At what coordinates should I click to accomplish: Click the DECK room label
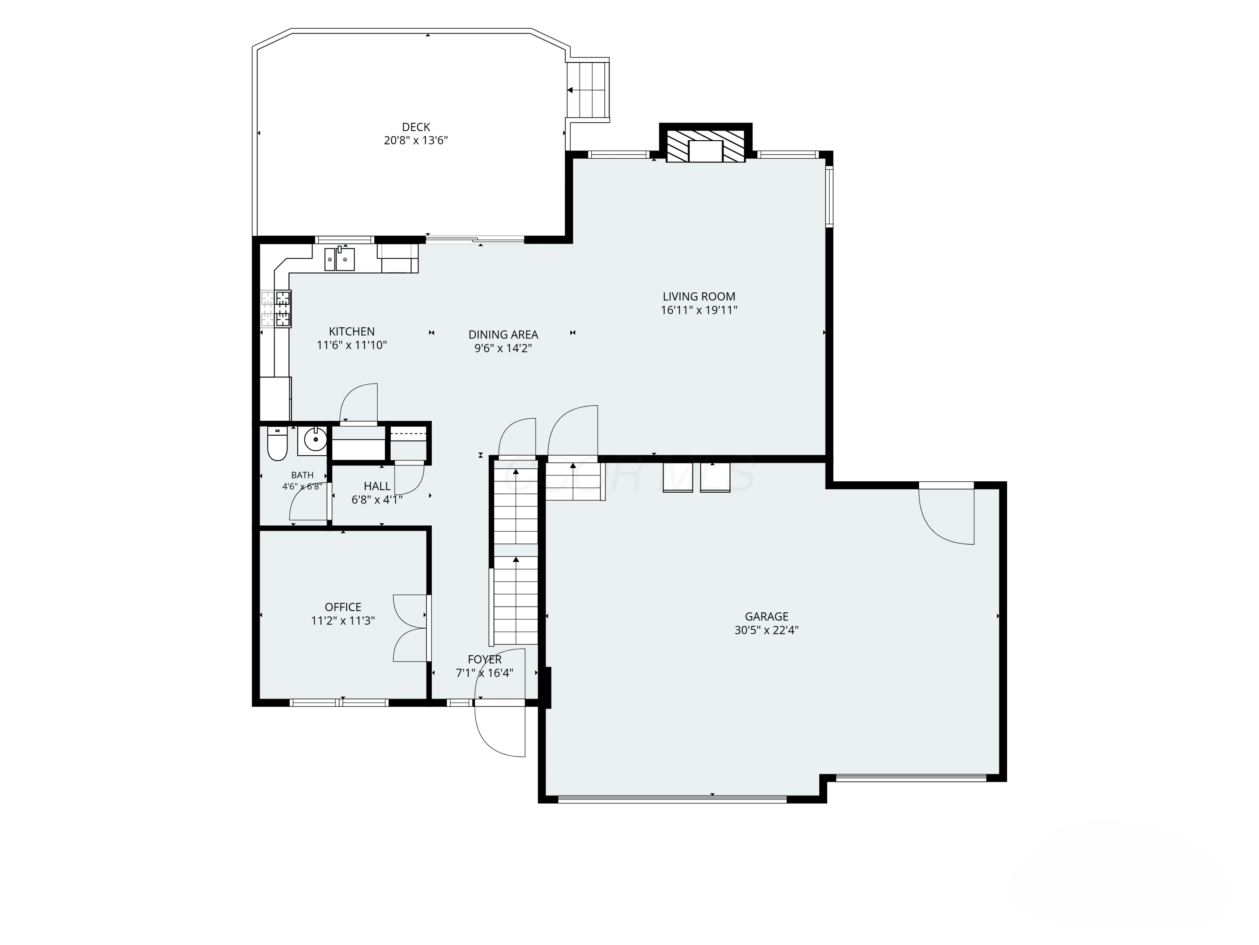[416, 127]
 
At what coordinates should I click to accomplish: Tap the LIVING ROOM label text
[699, 296]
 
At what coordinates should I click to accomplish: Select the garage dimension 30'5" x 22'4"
[767, 630]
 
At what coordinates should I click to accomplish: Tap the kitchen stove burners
[276, 309]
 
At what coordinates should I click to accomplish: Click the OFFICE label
[343, 607]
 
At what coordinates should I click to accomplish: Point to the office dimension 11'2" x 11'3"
[343, 621]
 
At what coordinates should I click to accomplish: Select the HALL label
[377, 486]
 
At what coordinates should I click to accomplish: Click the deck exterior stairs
[588, 90]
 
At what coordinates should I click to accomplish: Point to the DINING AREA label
[503, 335]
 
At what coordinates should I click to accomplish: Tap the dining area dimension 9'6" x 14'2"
[503, 349]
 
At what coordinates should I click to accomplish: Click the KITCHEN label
[352, 331]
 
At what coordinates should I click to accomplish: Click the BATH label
[302, 475]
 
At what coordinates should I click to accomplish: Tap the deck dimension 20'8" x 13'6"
[416, 141]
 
